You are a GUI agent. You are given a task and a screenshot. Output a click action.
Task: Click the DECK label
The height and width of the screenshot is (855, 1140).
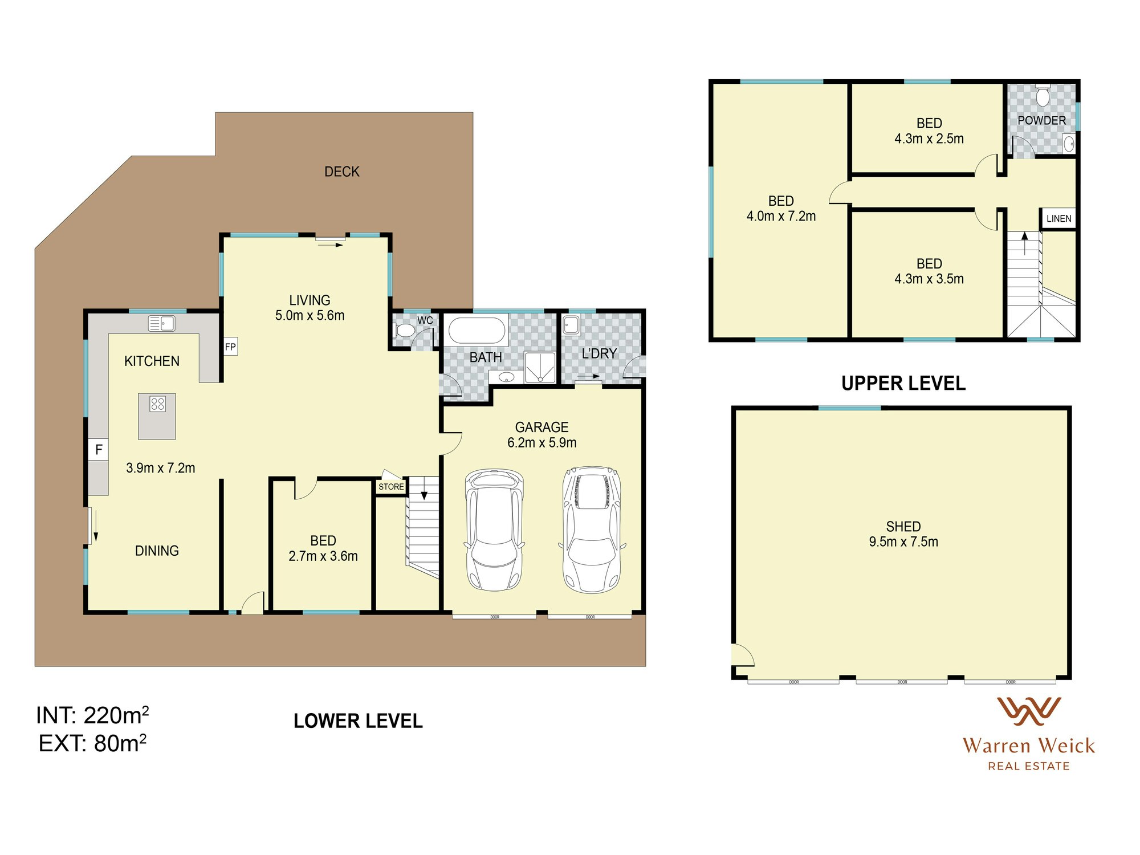pos(341,172)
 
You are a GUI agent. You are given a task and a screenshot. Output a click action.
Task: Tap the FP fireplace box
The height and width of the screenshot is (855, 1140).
pos(230,347)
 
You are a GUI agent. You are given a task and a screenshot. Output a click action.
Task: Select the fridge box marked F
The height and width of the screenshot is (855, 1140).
pos(99,450)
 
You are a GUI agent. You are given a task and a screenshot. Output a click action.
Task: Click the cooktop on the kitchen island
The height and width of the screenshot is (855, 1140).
pos(157,404)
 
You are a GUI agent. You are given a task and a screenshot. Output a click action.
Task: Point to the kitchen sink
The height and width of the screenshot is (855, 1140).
pos(161,323)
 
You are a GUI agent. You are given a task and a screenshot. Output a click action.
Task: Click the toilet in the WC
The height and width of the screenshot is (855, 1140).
pos(405,331)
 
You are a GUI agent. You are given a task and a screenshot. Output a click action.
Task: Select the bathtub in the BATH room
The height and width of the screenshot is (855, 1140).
pos(477,331)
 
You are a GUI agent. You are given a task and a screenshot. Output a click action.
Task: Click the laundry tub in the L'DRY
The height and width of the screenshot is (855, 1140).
pos(571,325)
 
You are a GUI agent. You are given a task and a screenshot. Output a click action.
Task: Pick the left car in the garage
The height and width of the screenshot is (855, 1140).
pos(494,530)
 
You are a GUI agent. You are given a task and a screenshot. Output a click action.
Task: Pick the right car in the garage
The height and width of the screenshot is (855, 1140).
pos(592,530)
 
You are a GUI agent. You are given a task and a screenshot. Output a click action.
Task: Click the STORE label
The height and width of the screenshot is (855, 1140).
pos(391,487)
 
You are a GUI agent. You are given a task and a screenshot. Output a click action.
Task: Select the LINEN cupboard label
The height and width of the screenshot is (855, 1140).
pos(1058,218)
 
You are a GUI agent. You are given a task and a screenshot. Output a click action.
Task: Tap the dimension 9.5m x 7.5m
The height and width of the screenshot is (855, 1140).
pos(903,542)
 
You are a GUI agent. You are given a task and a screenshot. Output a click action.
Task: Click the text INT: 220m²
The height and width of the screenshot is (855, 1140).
pos(92,715)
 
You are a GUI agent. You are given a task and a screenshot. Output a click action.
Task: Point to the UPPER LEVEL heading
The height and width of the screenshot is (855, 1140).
pos(903,383)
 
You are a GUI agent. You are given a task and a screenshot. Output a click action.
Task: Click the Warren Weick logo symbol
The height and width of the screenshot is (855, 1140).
pos(1028,711)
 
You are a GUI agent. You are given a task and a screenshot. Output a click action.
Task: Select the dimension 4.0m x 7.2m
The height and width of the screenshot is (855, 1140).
pos(780,217)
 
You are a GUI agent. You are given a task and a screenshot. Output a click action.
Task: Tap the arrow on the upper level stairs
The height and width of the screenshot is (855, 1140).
pos(1024,242)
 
